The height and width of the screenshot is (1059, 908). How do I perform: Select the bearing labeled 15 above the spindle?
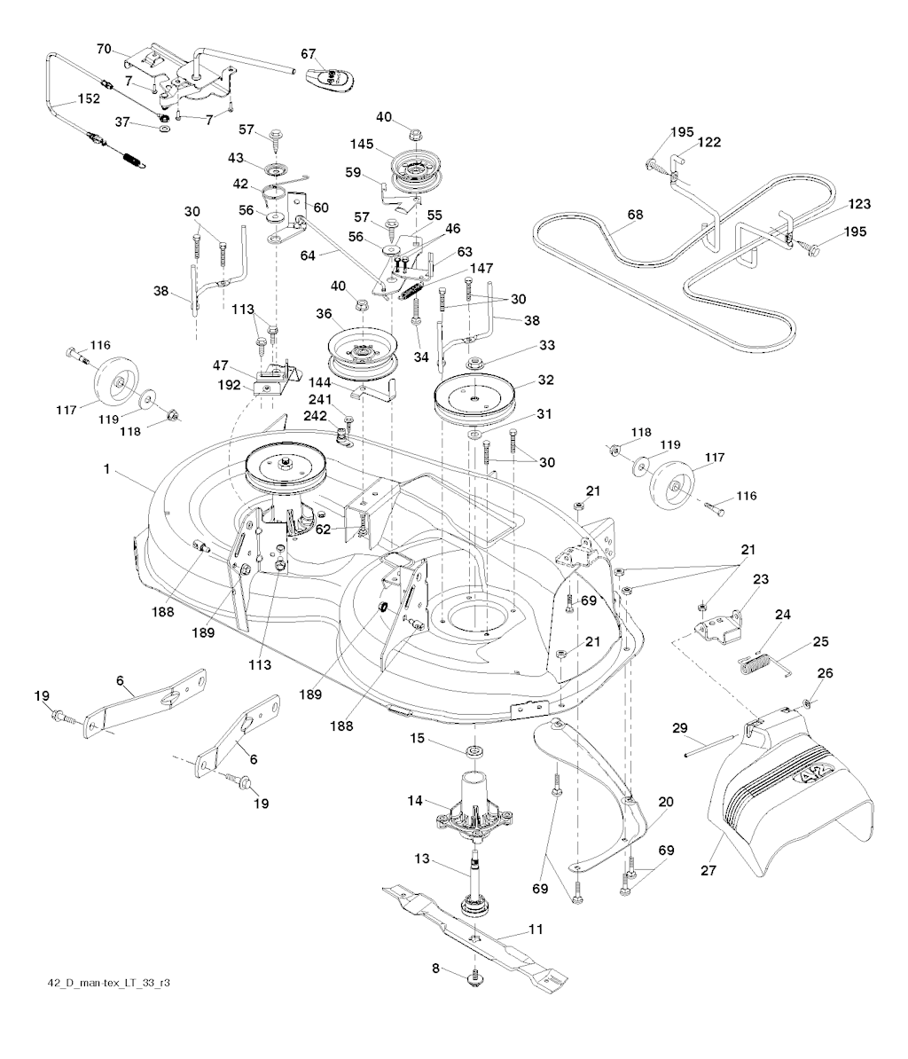[x=475, y=753]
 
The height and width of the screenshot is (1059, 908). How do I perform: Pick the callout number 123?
[x=857, y=204]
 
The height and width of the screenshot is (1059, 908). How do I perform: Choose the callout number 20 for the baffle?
[x=665, y=802]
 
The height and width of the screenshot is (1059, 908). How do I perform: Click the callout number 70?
[x=105, y=49]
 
